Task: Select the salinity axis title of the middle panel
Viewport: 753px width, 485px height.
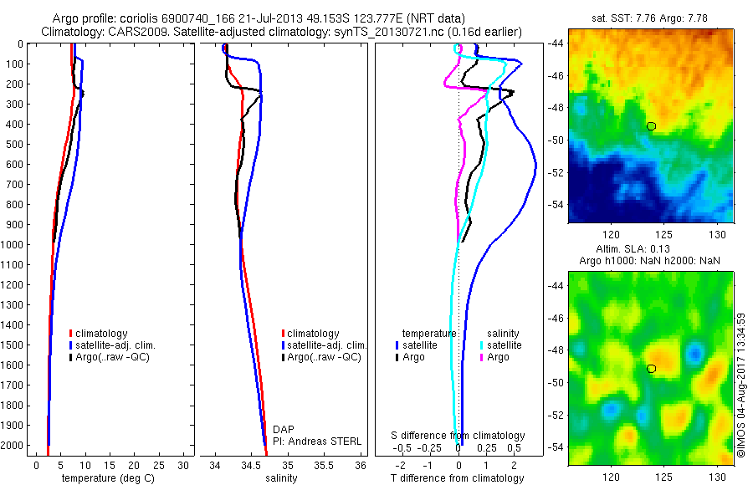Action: pos(282,478)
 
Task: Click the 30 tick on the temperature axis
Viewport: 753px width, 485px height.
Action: pos(184,465)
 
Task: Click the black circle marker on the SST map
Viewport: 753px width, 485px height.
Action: pos(651,126)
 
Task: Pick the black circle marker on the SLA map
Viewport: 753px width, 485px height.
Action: pos(651,368)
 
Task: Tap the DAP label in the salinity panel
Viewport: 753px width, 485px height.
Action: pos(284,429)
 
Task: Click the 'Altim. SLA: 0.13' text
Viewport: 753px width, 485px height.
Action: pos(650,250)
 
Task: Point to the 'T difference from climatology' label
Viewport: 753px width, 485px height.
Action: pos(458,478)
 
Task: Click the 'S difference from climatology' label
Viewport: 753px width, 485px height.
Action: pos(458,436)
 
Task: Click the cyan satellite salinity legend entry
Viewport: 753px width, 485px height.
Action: pos(504,345)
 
